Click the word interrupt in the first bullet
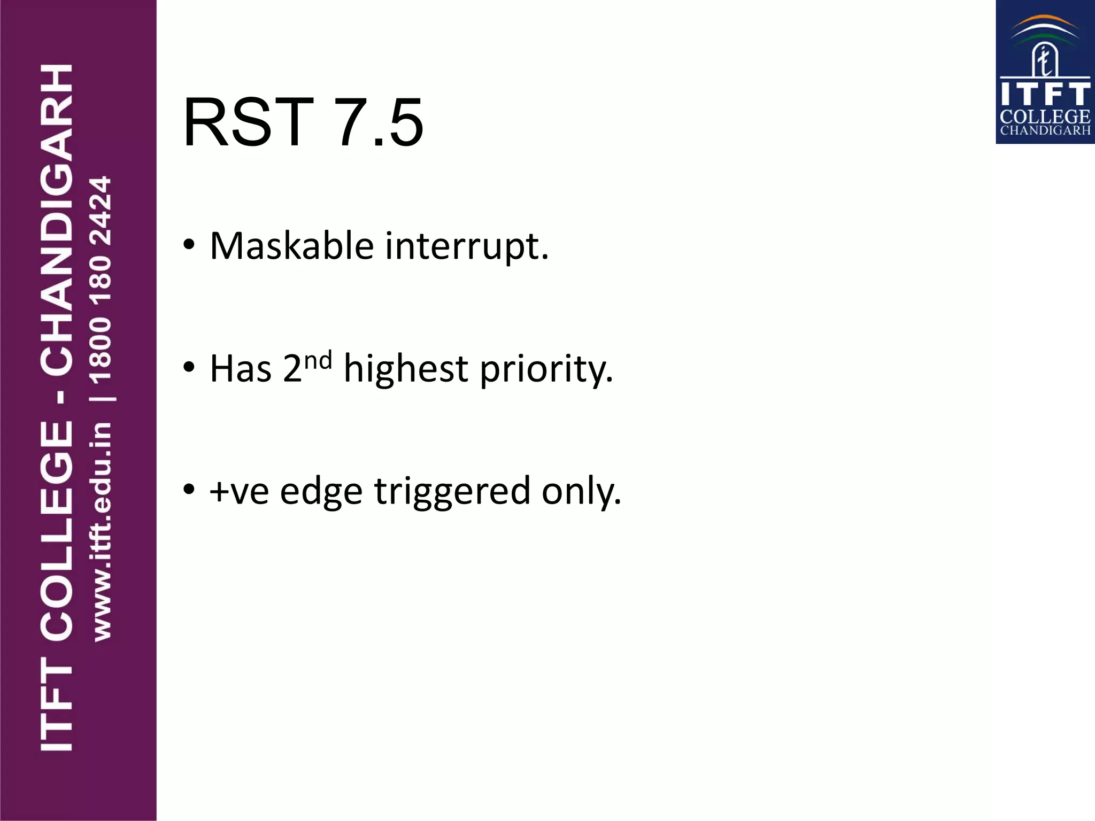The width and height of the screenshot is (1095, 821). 466,247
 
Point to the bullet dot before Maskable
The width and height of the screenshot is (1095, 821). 188,245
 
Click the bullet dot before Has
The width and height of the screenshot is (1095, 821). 188,367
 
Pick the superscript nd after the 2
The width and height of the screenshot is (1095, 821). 318,360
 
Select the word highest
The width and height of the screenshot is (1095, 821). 406,368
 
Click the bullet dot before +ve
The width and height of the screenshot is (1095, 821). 188,489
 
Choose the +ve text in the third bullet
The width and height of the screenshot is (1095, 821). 239,491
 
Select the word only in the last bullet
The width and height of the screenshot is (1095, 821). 581,491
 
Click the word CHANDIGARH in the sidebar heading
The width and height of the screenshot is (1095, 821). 57,219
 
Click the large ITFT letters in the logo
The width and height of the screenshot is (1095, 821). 1045,94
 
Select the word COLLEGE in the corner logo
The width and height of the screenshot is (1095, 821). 1045,117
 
